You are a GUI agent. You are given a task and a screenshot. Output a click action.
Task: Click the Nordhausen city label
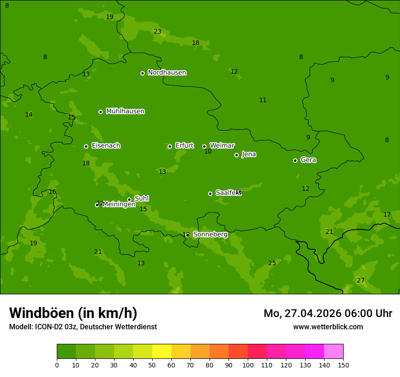(x=167, y=73)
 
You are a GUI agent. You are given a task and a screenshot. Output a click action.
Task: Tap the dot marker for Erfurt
(x=170, y=146)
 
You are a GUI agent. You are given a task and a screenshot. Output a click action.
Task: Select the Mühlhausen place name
(x=125, y=111)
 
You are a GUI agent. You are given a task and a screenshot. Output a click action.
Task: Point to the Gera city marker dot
(x=295, y=160)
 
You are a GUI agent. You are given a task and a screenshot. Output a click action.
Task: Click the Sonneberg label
(x=210, y=234)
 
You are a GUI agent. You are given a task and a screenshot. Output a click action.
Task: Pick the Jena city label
(x=249, y=154)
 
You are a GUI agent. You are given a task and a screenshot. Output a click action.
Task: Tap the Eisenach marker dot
(x=86, y=146)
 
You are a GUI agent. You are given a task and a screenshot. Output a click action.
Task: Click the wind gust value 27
(x=360, y=280)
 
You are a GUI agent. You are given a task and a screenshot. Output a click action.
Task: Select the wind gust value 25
(x=272, y=263)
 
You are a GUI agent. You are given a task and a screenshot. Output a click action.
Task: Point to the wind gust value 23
(x=157, y=31)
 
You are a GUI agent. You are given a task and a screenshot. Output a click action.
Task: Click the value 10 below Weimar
(x=208, y=151)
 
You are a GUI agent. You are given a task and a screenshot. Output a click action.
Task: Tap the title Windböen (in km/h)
(x=73, y=313)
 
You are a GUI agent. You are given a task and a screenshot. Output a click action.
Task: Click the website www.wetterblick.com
(x=328, y=327)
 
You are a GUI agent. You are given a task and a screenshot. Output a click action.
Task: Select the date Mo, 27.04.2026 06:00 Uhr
(x=328, y=313)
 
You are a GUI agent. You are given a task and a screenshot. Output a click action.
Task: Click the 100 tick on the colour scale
(x=248, y=365)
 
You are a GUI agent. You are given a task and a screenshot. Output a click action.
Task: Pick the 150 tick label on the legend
(x=343, y=365)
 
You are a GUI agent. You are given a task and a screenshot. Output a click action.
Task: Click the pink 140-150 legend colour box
(x=334, y=352)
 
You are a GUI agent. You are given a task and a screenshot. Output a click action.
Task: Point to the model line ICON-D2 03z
(x=83, y=327)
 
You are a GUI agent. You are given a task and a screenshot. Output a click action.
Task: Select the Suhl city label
(x=141, y=198)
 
